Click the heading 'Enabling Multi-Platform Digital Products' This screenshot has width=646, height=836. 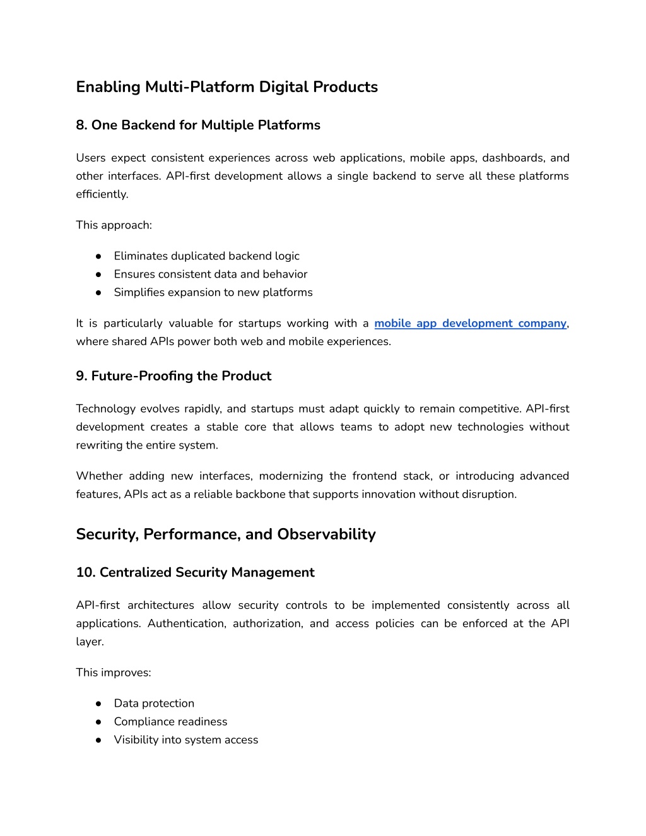pyautogui.click(x=226, y=87)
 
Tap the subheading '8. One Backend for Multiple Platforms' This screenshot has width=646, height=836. pyautogui.click(x=198, y=125)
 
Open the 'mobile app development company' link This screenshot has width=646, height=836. pyautogui.click(x=470, y=323)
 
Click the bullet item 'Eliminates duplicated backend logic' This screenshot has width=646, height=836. pyautogui.click(x=206, y=256)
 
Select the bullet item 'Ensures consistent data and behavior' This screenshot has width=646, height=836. pyautogui.click(x=210, y=274)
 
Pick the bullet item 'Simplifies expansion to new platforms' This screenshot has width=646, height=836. pyautogui.click(x=213, y=292)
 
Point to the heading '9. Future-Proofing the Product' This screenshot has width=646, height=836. pyautogui.click(x=173, y=376)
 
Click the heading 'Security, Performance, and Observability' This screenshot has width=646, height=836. pyautogui.click(x=225, y=534)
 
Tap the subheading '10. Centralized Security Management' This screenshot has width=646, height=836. pyautogui.click(x=195, y=572)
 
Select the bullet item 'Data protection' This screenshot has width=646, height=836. pyautogui.click(x=154, y=703)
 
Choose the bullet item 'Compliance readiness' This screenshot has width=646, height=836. pyautogui.click(x=170, y=721)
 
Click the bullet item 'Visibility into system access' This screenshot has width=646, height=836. pyautogui.click(x=185, y=739)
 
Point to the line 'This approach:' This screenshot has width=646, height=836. pyautogui.click(x=114, y=225)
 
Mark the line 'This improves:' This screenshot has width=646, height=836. pyautogui.click(x=113, y=672)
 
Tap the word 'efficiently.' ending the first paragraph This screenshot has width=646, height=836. pyautogui.click(x=102, y=194)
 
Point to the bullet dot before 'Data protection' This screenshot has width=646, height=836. pyautogui.click(x=98, y=704)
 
